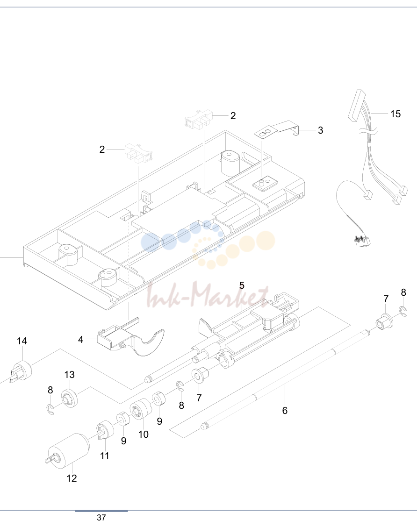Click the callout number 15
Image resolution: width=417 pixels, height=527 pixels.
(395, 114)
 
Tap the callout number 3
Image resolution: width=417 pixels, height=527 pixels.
(321, 130)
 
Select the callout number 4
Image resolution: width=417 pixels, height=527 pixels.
(81, 340)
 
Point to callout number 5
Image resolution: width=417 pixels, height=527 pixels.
(242, 285)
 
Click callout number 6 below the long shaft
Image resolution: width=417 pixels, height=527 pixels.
(285, 410)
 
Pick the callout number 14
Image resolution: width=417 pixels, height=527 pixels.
(22, 341)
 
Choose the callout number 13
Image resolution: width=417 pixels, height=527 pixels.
(70, 375)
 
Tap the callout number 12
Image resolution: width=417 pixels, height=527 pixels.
(72, 478)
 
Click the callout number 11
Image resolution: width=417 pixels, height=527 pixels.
(105, 456)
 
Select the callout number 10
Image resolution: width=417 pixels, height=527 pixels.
(144, 434)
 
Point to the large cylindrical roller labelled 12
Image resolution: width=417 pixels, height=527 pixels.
(68, 451)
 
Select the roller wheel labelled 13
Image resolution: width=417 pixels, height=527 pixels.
(70, 398)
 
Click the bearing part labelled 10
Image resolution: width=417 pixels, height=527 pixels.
(141, 409)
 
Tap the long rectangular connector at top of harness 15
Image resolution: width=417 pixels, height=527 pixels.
(356, 106)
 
